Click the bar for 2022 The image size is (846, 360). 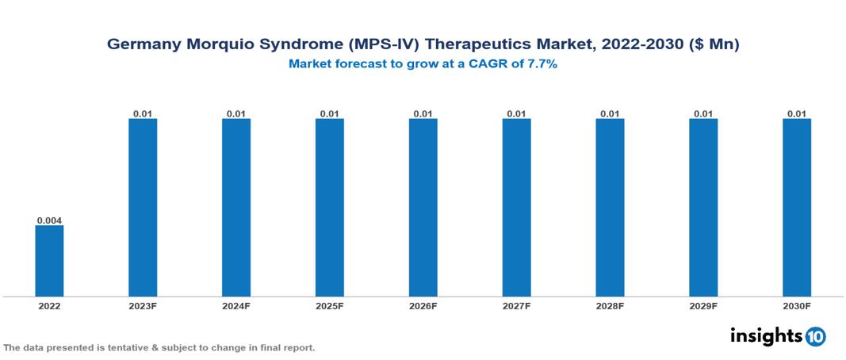pyautogui.click(x=49, y=261)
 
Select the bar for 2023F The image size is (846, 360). pyautogui.click(x=143, y=208)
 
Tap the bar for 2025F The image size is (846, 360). pyautogui.click(x=329, y=208)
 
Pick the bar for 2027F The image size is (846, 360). pyautogui.click(x=516, y=208)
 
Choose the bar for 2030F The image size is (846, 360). pyautogui.click(x=797, y=208)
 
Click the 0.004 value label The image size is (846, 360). pyautogui.click(x=49, y=220)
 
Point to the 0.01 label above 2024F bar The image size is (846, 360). pyautogui.click(x=236, y=113)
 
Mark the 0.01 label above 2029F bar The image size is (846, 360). pyautogui.click(x=703, y=113)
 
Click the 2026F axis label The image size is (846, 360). pyautogui.click(x=423, y=305)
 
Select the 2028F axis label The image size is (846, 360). pyautogui.click(x=610, y=305)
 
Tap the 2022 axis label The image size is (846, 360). pyautogui.click(x=49, y=305)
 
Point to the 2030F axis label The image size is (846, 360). pyautogui.click(x=797, y=305)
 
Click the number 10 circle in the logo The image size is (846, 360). pyautogui.click(x=815, y=336)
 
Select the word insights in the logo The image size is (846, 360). pyautogui.click(x=766, y=335)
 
